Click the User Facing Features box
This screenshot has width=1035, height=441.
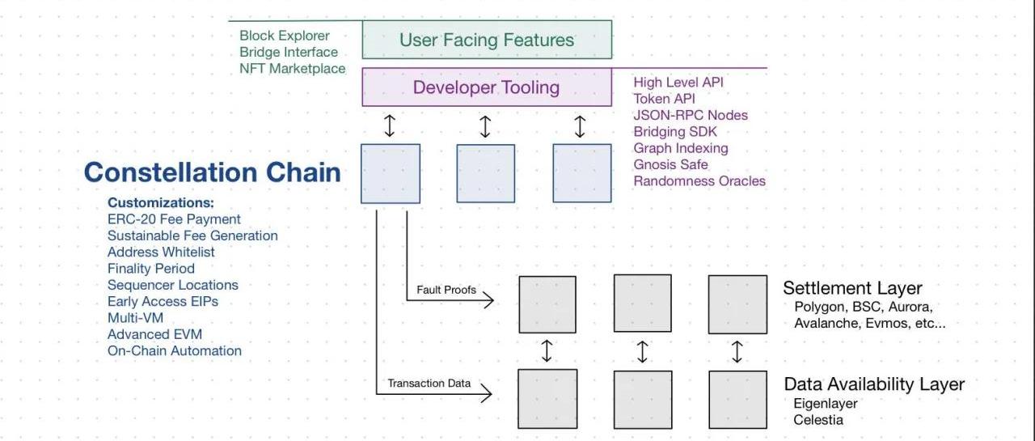(x=486, y=40)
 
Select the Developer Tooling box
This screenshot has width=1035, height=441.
(x=486, y=87)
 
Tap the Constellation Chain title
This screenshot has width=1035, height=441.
(x=212, y=172)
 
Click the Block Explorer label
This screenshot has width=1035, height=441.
(x=285, y=36)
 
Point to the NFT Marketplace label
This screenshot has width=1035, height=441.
(x=292, y=69)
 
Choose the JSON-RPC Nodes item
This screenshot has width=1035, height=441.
(x=691, y=115)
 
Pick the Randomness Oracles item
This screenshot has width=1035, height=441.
(x=699, y=181)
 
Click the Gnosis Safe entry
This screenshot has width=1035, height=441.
(x=670, y=164)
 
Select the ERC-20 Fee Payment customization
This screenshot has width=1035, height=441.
(x=174, y=219)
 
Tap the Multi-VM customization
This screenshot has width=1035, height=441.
(x=135, y=318)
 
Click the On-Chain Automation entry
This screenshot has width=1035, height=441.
(x=174, y=350)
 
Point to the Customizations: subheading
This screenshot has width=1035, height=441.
(x=161, y=202)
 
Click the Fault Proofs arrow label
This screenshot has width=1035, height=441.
(x=446, y=290)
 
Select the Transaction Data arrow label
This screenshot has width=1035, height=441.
(x=429, y=384)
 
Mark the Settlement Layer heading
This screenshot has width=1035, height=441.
(x=852, y=288)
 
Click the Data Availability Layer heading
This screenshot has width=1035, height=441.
(x=874, y=384)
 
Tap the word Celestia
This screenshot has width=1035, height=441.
(x=818, y=420)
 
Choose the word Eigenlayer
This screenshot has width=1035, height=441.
(x=826, y=403)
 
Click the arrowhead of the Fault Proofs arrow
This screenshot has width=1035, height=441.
(x=490, y=301)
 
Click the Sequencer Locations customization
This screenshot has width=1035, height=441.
(x=172, y=285)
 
